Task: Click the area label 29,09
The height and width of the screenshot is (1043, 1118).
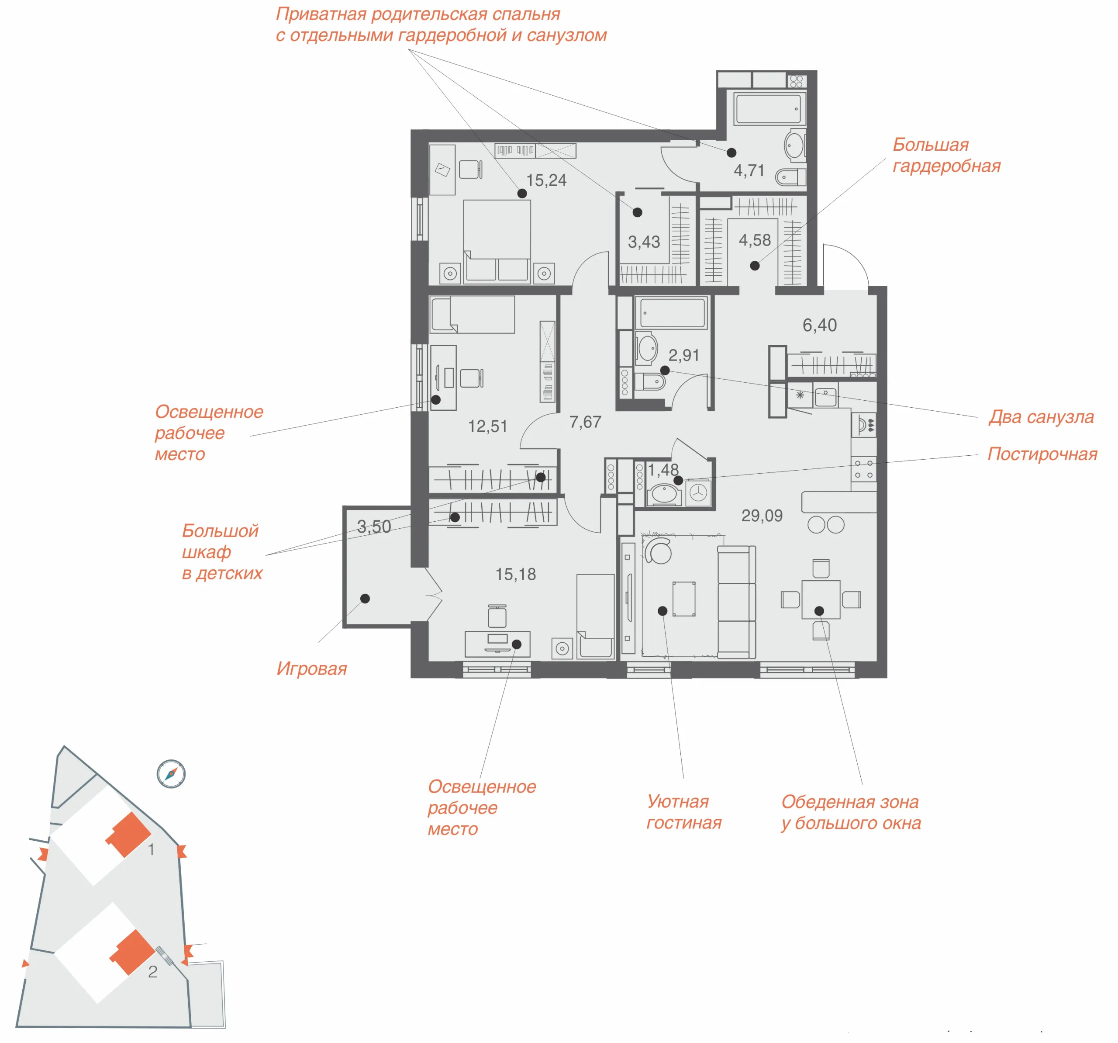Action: click(762, 515)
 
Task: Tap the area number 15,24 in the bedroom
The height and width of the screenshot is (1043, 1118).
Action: click(546, 180)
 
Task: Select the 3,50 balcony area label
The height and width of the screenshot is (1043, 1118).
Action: click(374, 527)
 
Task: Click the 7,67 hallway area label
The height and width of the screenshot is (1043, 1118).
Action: click(586, 422)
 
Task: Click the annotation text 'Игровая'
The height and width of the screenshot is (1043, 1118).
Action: click(311, 669)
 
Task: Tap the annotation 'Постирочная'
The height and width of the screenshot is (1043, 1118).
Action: click(1042, 454)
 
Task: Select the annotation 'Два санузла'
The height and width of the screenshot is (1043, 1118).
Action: click(1042, 417)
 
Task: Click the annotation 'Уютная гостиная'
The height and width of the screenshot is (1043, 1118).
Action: click(684, 812)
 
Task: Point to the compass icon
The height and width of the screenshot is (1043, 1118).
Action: click(171, 774)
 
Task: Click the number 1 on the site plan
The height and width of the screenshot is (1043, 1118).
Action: click(151, 849)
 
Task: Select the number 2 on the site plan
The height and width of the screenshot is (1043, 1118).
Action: click(152, 971)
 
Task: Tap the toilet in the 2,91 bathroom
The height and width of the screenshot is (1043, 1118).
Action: click(651, 381)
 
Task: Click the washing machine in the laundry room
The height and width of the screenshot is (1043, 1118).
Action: click(698, 493)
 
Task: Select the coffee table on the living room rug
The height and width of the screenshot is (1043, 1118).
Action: click(684, 599)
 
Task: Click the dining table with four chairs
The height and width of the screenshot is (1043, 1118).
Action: click(821, 599)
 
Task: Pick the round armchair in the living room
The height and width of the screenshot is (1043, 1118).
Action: click(659, 550)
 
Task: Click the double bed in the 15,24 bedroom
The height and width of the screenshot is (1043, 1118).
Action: click(497, 240)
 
